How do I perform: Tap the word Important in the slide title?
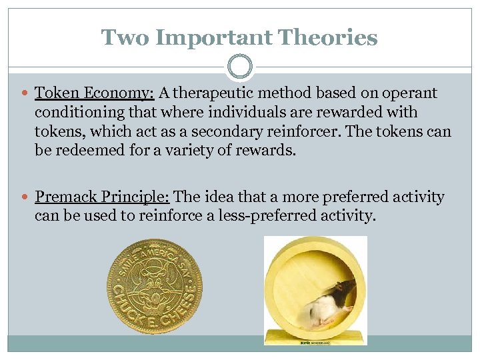[213, 37]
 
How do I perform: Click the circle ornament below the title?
[240, 67]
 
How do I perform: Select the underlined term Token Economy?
[95, 94]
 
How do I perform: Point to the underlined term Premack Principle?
[103, 197]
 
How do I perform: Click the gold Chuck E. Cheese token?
[155, 287]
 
